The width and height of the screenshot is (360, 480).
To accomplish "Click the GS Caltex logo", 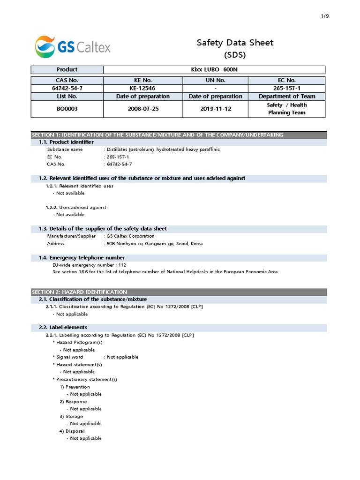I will click(x=73, y=46).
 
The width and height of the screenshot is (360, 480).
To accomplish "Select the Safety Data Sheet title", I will click(x=235, y=43).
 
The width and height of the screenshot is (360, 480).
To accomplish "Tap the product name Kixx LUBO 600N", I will click(x=214, y=69).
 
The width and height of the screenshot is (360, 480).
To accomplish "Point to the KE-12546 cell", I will click(x=142, y=88).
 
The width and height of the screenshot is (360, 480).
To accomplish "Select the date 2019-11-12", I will click(x=215, y=109).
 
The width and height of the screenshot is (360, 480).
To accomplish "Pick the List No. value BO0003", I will click(x=67, y=109).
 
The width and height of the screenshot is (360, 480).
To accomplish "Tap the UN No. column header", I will click(x=215, y=80).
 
